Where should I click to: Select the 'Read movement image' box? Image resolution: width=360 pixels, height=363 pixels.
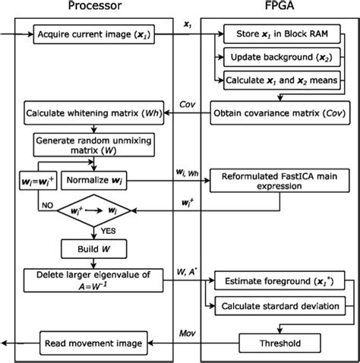91,343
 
